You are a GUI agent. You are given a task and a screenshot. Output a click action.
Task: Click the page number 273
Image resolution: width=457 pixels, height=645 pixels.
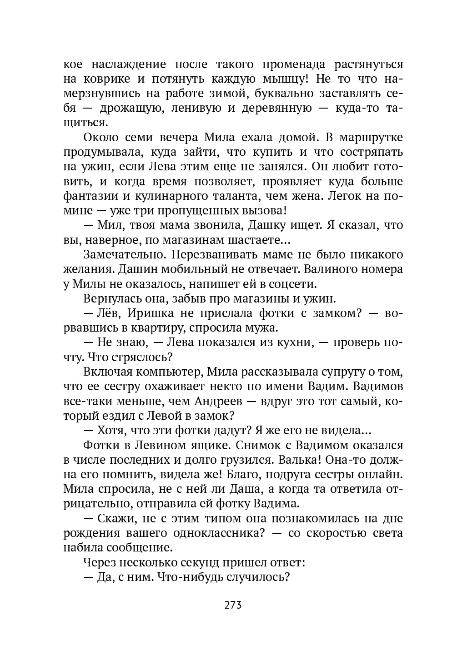tap(232, 605)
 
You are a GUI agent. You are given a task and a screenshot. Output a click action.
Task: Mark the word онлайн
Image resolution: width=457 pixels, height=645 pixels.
tap(381, 475)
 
